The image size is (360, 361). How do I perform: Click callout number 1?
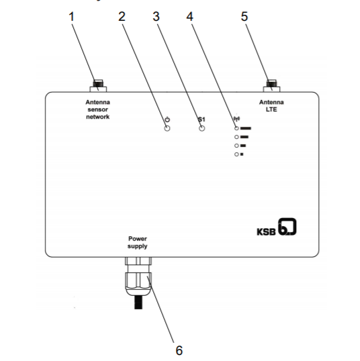click(71, 17)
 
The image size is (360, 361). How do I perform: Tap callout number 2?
click(122, 17)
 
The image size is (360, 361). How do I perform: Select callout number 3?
click(156, 17)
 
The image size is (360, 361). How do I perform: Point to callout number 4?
click(189, 17)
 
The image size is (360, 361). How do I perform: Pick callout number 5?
click(244, 17)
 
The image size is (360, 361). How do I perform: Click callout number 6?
click(179, 350)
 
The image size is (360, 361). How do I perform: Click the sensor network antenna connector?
click(98, 86)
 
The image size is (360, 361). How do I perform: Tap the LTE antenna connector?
click(271, 86)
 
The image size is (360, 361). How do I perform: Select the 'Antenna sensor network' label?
click(97, 109)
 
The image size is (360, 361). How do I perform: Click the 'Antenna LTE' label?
click(271, 105)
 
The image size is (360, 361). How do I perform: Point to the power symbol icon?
click(167, 119)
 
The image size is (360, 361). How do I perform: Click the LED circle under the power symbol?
click(167, 128)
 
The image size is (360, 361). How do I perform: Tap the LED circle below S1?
click(201, 128)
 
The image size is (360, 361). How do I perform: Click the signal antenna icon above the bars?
click(236, 119)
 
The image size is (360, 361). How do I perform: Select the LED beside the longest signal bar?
click(236, 128)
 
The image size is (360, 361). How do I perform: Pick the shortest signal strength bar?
click(242, 154)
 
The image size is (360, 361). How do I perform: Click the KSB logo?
click(277, 227)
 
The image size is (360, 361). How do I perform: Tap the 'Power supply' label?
click(138, 242)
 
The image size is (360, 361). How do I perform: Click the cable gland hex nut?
click(138, 280)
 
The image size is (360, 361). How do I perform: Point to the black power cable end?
click(138, 303)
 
